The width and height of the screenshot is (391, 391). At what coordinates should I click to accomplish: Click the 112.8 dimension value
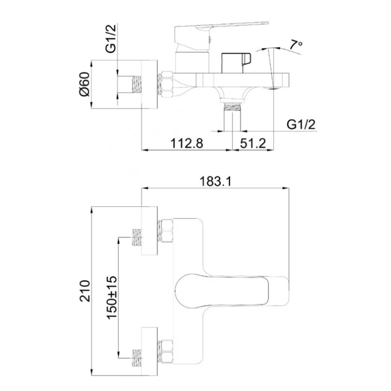pos(187,144)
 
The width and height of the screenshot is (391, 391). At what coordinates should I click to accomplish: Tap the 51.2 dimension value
pos(253,144)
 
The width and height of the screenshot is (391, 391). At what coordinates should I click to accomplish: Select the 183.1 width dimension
pos(216,182)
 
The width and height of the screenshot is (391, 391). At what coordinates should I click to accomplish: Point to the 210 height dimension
pos(85,291)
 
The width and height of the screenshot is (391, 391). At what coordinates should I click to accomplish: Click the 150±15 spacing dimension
pos(112,297)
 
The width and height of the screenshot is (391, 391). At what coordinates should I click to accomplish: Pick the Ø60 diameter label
pos(84,84)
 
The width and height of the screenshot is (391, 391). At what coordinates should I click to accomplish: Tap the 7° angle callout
pos(296,45)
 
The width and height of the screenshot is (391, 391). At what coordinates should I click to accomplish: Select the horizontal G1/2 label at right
pos(301,124)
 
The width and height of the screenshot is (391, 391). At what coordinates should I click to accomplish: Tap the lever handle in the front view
pos(232,290)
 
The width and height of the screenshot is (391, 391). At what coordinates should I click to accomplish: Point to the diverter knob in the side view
pos(236,63)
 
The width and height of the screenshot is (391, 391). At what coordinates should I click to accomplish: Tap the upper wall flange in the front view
pos(150,231)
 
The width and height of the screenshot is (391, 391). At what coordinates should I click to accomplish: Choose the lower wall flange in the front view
pos(150,351)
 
